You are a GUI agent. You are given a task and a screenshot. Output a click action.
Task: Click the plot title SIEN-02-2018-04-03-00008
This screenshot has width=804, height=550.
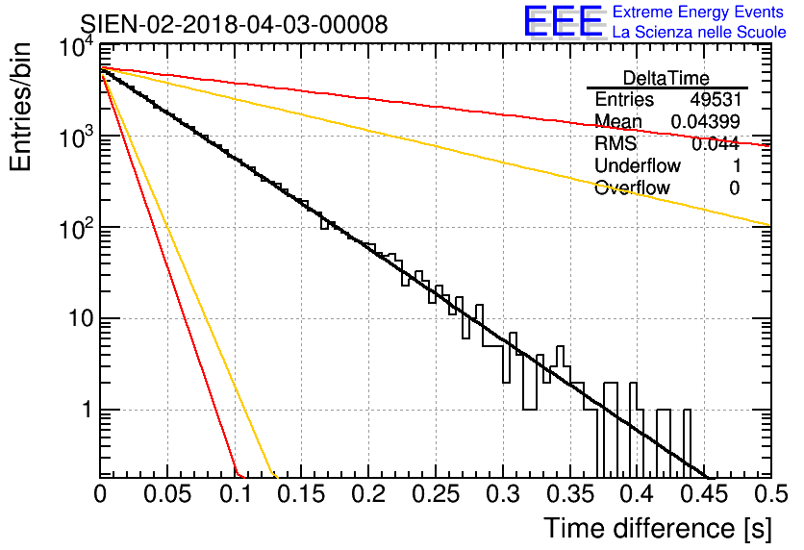click(x=234, y=24)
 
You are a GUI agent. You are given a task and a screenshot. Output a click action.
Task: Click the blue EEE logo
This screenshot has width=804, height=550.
click(x=564, y=21)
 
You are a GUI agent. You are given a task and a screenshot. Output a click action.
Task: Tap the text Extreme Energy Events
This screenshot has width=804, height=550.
click(x=698, y=12)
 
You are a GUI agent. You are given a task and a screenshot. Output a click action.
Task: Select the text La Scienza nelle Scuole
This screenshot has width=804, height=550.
click(x=699, y=32)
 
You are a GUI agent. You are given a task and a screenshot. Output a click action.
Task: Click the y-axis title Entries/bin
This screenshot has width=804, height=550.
click(x=21, y=107)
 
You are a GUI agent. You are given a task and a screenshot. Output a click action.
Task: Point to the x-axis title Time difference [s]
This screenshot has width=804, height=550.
click(x=658, y=528)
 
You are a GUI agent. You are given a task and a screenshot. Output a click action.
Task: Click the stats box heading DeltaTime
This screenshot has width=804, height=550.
click(x=666, y=78)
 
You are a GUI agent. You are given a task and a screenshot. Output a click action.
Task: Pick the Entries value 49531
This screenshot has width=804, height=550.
click(x=716, y=99)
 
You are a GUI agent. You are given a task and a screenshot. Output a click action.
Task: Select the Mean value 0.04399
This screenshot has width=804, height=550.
click(x=706, y=121)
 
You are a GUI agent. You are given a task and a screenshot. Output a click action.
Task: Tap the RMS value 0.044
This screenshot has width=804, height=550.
click(x=716, y=144)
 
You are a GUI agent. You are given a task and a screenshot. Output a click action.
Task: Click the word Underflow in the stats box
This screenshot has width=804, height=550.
click(x=638, y=165)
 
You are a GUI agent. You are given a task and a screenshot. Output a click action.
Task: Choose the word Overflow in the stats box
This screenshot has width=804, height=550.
click(x=632, y=187)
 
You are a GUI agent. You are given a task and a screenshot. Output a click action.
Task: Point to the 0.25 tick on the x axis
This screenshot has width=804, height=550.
click(x=436, y=494)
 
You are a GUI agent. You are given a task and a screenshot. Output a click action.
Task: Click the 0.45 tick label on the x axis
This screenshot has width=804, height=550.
click(x=704, y=494)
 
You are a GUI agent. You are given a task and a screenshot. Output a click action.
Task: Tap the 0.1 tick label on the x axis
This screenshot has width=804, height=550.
click(x=237, y=494)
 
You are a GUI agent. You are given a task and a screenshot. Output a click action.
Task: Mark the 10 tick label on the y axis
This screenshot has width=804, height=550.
click(x=80, y=319)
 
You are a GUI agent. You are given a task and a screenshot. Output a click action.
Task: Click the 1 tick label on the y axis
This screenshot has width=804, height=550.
click(x=87, y=410)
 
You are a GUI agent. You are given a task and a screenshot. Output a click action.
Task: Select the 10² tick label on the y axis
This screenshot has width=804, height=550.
click(x=76, y=228)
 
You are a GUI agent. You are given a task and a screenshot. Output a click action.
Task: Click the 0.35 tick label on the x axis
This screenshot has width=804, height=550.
click(x=569, y=494)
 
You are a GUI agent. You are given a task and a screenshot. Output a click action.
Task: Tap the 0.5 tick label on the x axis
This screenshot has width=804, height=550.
click(x=771, y=494)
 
